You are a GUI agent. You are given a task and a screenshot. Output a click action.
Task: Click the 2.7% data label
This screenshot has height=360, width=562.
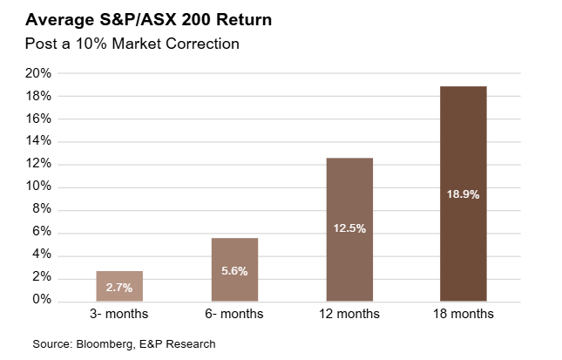click(x=118, y=287)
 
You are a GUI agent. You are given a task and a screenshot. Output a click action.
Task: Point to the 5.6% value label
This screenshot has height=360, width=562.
click(x=234, y=271)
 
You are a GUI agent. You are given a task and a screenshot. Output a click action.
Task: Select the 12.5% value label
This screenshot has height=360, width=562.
click(x=349, y=228)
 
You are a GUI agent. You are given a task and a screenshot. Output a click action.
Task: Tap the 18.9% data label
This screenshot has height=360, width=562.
click(x=463, y=194)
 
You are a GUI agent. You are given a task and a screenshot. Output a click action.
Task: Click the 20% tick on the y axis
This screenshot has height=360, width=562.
click(x=40, y=73)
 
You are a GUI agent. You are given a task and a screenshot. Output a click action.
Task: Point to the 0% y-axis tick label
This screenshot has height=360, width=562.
click(x=44, y=300)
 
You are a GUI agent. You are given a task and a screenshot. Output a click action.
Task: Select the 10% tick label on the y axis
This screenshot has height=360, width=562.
click(x=40, y=187)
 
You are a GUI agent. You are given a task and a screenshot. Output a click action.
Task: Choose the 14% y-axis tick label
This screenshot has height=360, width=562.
click(x=40, y=141)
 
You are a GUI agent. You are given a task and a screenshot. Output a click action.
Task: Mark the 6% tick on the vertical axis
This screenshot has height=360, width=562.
click(x=44, y=232)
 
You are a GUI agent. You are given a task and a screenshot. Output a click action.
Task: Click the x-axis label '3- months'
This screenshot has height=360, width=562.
click(x=118, y=314)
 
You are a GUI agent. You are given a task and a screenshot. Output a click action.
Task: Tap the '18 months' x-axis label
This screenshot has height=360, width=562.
click(x=463, y=314)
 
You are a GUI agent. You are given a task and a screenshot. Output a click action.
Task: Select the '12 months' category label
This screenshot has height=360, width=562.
click(x=349, y=314)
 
